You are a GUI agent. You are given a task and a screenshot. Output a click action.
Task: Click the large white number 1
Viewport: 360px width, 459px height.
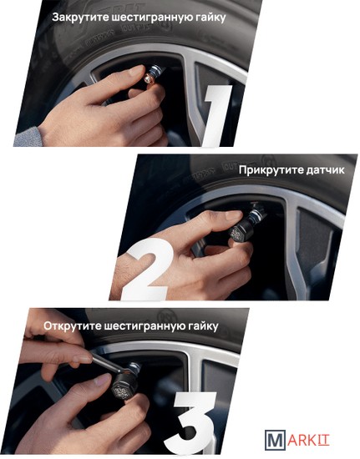pos(217,116)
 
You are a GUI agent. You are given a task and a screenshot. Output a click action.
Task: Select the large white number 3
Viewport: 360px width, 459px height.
pos(192,423)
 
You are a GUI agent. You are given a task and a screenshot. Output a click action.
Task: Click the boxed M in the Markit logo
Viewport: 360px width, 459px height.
pos(275,440)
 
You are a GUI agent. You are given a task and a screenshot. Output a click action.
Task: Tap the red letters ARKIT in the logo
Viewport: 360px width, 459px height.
pos(308,441)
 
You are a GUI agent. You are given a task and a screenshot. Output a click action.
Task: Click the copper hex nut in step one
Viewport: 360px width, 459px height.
pos(150,79)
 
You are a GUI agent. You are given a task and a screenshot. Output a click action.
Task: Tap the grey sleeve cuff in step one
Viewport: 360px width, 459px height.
pos(28,137)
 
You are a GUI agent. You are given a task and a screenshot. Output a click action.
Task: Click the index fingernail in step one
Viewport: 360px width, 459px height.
pos(136,70)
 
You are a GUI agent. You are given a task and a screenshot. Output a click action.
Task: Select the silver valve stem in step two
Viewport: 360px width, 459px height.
pos(257,214)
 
